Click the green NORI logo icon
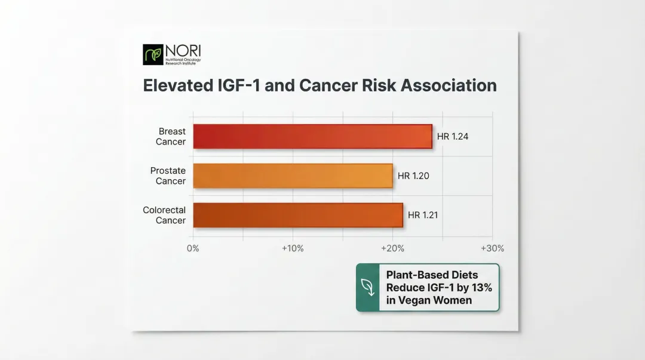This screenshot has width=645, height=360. (152, 54)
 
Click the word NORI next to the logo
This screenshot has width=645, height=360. (179, 50)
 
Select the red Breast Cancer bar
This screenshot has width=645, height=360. (312, 136)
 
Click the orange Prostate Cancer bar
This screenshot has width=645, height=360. (293, 176)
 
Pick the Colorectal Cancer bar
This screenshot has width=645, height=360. (297, 215)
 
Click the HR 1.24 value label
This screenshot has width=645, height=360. (453, 136)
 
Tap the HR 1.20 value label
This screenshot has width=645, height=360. (413, 176)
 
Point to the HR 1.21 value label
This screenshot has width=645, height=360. (423, 215)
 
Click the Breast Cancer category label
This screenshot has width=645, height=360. (171, 136)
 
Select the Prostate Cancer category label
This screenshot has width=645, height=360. (168, 176)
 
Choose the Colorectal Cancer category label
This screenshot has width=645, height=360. (165, 215)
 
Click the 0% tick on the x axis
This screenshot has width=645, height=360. (193, 248)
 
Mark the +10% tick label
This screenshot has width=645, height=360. (293, 248)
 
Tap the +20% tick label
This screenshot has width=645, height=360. (392, 248)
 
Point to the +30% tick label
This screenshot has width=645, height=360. (492, 248)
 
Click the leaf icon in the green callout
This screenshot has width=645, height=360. (367, 287)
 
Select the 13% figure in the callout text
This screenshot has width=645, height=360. (480, 287)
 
